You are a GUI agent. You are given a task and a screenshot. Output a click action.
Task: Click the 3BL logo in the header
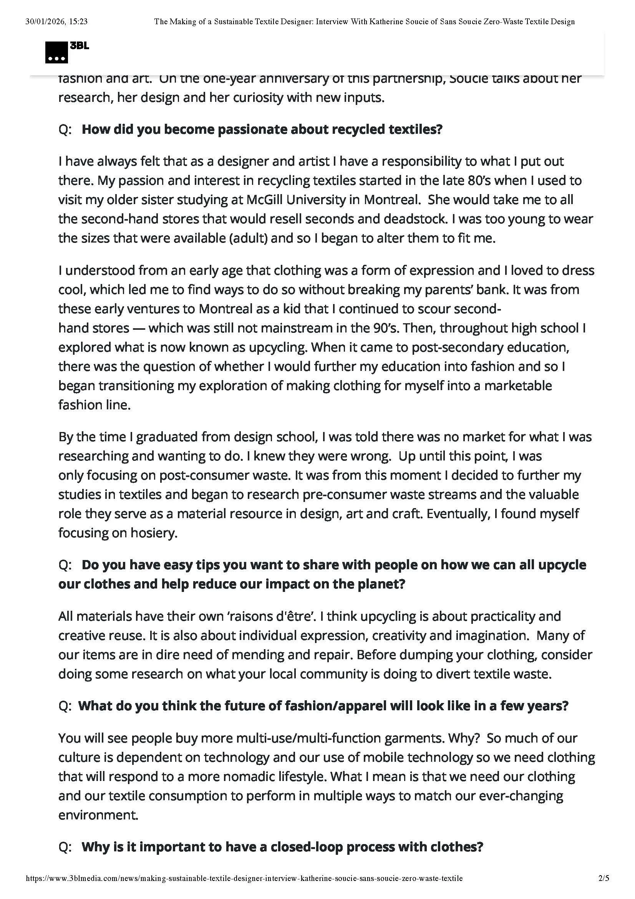(x=66, y=51)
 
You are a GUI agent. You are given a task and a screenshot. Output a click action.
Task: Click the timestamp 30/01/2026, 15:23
(x=56, y=22)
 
